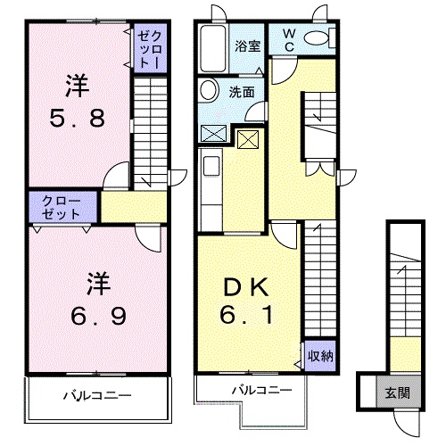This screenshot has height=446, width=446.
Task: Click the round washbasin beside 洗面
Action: point(209,90)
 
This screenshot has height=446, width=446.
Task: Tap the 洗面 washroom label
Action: point(241,91)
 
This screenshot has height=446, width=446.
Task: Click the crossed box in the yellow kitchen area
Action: point(245,138)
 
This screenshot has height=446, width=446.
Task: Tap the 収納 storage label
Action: point(320,354)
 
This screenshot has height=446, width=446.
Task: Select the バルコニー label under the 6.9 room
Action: point(97,393)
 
